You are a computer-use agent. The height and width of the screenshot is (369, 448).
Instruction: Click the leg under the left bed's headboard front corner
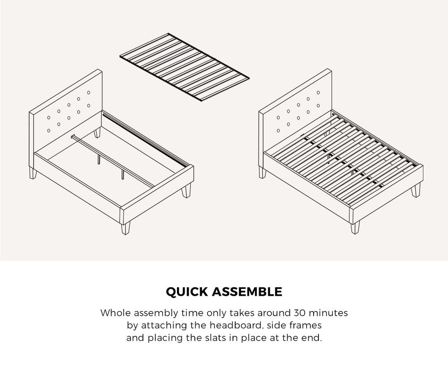32,173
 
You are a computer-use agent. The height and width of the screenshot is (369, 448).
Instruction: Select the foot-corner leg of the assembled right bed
355,227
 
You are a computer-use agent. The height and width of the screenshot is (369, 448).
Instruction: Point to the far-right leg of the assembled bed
417,190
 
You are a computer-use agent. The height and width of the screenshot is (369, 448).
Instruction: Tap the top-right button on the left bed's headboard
89,93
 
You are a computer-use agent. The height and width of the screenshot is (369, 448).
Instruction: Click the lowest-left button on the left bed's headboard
48,131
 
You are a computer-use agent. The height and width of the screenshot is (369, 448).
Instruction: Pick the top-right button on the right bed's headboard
319,93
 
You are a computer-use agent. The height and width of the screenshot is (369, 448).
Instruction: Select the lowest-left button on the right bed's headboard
278,131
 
